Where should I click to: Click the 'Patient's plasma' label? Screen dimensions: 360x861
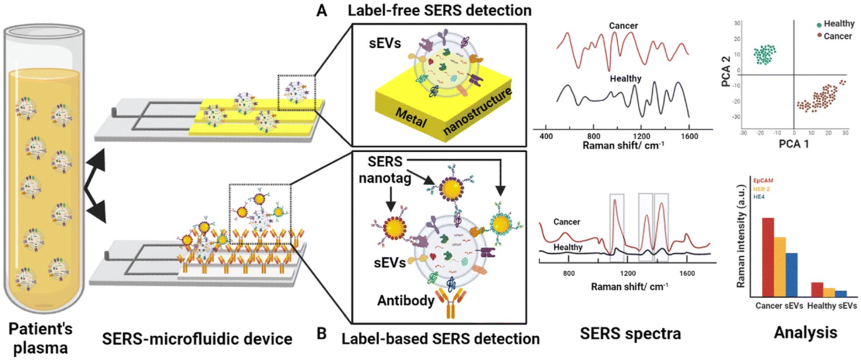[40, 338]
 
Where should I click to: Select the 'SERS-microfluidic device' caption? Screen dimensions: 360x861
[197, 338]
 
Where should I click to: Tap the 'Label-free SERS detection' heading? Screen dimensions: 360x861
[439, 10]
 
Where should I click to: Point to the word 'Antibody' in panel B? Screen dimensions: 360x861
[406, 300]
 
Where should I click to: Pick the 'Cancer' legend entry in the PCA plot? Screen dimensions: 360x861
[837, 36]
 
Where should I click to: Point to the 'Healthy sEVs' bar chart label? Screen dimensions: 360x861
[832, 306]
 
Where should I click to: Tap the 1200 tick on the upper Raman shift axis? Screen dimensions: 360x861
[641, 136]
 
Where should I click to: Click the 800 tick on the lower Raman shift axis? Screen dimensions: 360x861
[569, 273]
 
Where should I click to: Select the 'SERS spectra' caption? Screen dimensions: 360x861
[630, 333]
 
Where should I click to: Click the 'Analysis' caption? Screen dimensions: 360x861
[805, 332]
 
